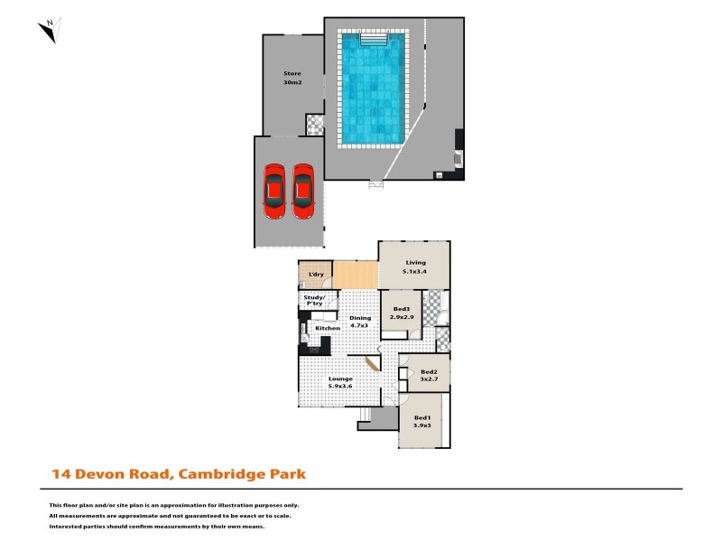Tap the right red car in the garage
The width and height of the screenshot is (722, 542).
(303, 191)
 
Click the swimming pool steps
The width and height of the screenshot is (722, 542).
(374, 39)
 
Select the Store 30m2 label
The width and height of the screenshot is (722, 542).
(292, 78)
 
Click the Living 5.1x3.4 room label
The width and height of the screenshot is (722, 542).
(414, 266)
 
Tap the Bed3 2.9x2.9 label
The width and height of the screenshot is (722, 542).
(402, 313)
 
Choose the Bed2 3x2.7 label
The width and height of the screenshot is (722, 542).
(429, 375)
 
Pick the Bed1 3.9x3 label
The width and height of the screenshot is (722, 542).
(421, 421)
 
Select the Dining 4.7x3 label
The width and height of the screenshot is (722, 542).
(360, 322)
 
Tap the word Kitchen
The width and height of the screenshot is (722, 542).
(328, 328)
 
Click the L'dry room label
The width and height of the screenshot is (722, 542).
(316, 274)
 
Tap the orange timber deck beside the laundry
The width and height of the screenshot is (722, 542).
(355, 273)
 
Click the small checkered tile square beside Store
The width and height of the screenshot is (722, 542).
(314, 124)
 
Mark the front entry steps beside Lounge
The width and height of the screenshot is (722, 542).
(365, 416)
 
